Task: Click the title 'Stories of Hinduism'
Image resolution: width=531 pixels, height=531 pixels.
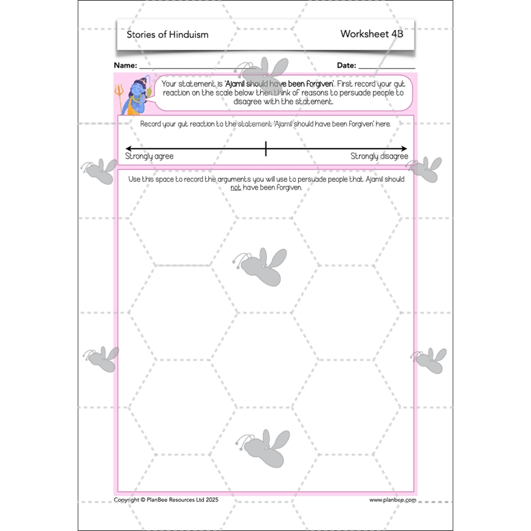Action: pyautogui.click(x=167, y=34)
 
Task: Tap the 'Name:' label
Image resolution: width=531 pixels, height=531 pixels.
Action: pyautogui.click(x=125, y=65)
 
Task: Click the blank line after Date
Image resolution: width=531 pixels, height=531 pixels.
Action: pyautogui.click(x=387, y=67)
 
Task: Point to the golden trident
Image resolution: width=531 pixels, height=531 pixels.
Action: pyautogui.click(x=119, y=93)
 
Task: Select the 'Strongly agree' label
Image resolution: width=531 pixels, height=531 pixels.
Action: pyautogui.click(x=149, y=157)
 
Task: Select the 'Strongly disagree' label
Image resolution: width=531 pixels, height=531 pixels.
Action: pyautogui.click(x=379, y=157)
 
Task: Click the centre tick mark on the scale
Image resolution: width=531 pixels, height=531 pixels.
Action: pyautogui.click(x=265, y=149)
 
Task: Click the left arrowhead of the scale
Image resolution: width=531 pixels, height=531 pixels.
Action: pyautogui.click(x=128, y=149)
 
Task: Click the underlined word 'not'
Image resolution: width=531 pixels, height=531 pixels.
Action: pyautogui.click(x=235, y=188)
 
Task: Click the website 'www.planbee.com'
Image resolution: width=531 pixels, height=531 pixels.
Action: pyautogui.click(x=392, y=500)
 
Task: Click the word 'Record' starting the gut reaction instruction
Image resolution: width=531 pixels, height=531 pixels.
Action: pyautogui.click(x=154, y=124)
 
